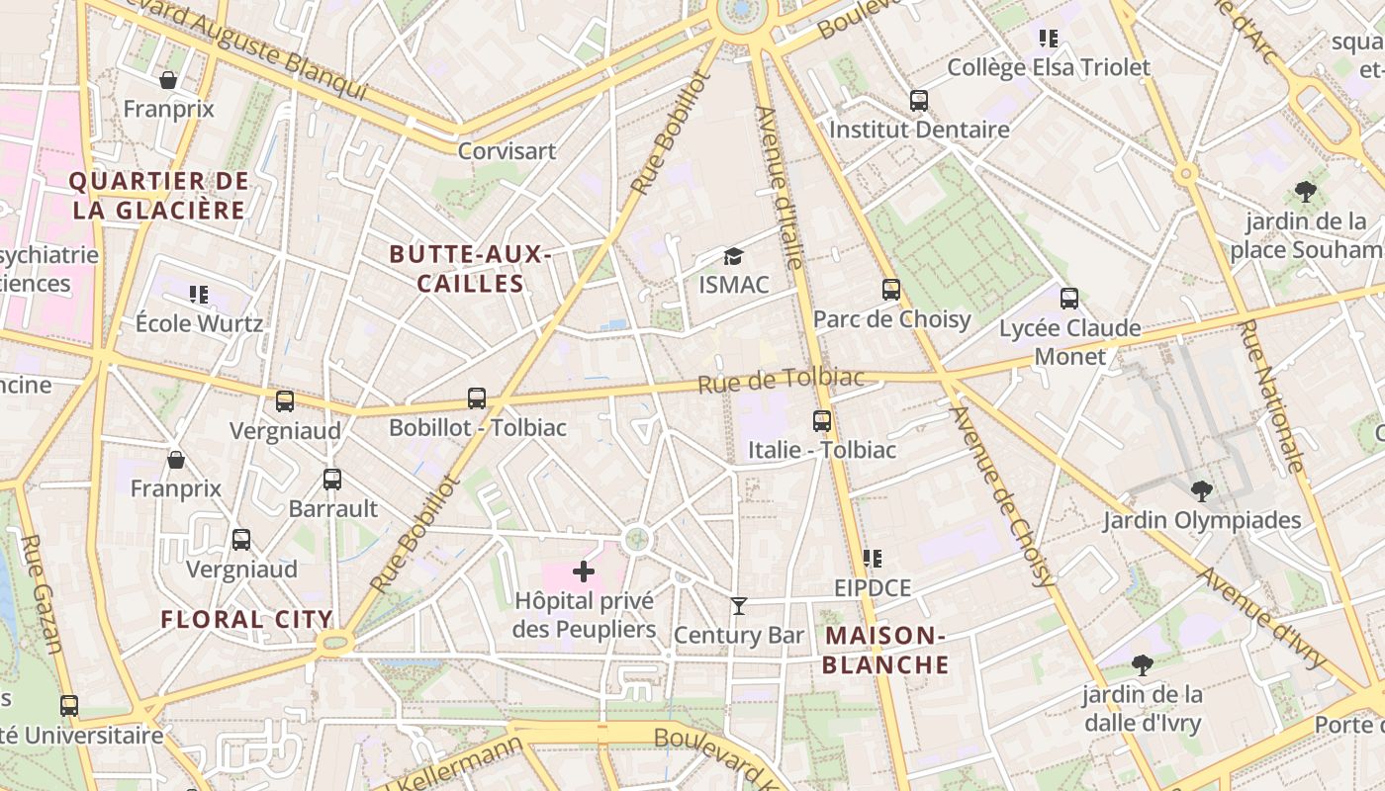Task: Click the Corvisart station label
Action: tap(507, 151)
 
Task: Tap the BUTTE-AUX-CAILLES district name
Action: tap(470, 269)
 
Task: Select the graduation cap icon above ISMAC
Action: tap(733, 257)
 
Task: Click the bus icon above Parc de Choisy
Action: tap(891, 290)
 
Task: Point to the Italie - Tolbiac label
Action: tap(821, 450)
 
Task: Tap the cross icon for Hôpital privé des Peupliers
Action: tap(584, 571)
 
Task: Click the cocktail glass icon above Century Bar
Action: tap(738, 605)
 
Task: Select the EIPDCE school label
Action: tap(872, 588)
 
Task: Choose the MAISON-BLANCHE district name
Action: tap(885, 650)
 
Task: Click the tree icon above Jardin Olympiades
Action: tap(1201, 490)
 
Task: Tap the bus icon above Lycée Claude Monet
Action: tap(1068, 299)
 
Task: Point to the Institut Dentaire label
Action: tap(919, 130)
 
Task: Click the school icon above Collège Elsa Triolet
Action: tap(1049, 39)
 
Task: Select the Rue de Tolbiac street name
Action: tap(781, 380)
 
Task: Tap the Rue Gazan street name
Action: tap(43, 594)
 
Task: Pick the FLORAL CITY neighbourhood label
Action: tap(246, 620)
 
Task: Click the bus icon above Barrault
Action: tap(332, 480)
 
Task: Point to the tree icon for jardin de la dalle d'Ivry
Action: tap(1143, 665)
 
